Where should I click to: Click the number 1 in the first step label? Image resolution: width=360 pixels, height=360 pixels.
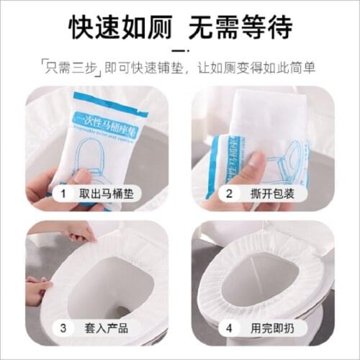click(x=63, y=194)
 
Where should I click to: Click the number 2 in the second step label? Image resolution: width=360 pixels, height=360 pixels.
click(x=230, y=194)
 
